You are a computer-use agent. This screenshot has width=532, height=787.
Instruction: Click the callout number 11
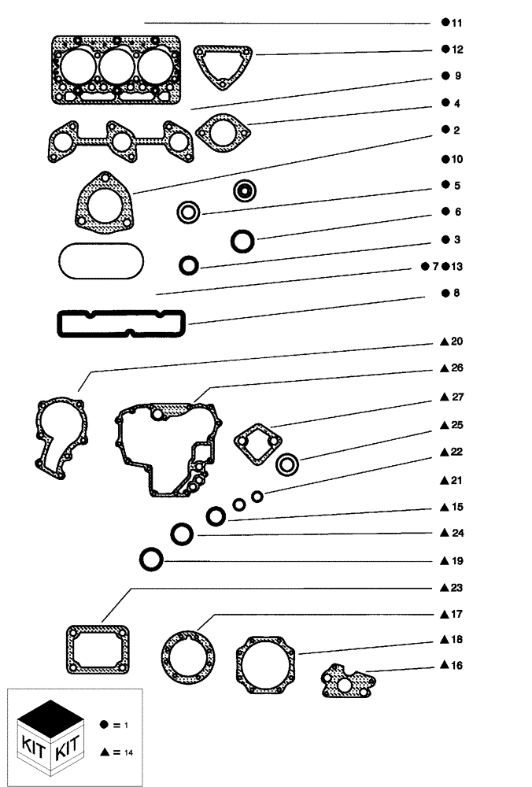click(456, 23)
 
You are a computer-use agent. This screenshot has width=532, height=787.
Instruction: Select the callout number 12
click(456, 50)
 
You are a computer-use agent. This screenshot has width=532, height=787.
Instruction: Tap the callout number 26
click(456, 368)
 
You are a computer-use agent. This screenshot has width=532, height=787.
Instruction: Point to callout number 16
click(456, 666)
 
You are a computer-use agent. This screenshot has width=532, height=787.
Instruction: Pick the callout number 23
click(456, 588)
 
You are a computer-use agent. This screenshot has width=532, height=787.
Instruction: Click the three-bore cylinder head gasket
click(116, 69)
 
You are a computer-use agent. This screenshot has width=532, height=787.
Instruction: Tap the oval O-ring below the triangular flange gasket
click(100, 260)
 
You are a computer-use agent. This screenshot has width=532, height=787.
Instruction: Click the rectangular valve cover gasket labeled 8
click(120, 323)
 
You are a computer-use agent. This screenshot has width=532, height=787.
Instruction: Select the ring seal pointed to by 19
click(150, 560)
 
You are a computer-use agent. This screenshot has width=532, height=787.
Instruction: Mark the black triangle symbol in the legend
click(105, 752)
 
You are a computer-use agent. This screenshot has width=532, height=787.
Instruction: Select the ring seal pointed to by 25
click(287, 464)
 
